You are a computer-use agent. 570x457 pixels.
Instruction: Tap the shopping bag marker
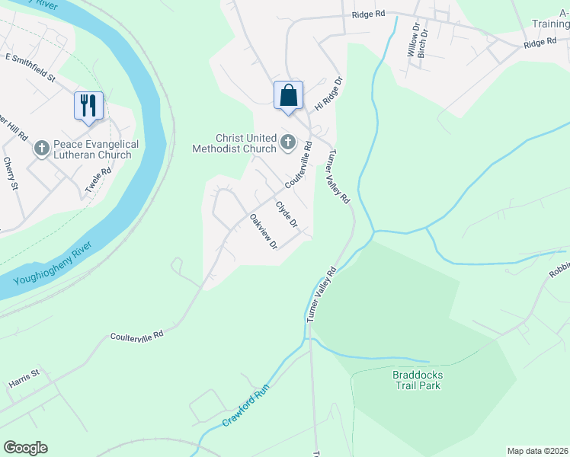[288, 96]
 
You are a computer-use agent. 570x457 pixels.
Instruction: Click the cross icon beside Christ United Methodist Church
[288, 141]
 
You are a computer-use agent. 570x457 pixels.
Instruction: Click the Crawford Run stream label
[248, 410]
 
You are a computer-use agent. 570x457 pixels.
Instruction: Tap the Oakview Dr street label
[262, 232]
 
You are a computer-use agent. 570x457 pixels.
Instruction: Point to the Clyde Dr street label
[286, 214]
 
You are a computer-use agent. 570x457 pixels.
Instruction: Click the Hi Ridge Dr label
[330, 93]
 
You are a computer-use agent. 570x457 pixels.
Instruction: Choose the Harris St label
[24, 378]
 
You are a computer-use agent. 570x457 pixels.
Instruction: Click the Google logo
[25, 448]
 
